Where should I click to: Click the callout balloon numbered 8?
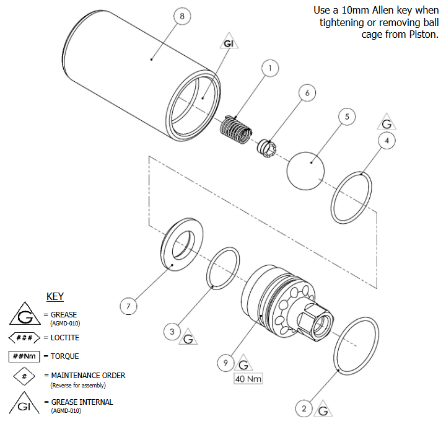point(181,17)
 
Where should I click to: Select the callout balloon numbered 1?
point(271,69)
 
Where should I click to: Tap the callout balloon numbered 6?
point(307,92)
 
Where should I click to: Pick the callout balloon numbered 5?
point(347,117)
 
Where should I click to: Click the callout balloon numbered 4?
point(387,141)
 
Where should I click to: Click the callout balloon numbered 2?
point(304,408)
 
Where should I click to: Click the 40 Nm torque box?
point(247,379)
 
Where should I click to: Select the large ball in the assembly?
point(306,169)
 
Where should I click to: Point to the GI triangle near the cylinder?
point(228,42)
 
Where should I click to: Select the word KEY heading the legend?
point(55,296)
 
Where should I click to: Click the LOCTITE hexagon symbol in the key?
point(25,338)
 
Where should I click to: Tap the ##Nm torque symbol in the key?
point(25,356)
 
